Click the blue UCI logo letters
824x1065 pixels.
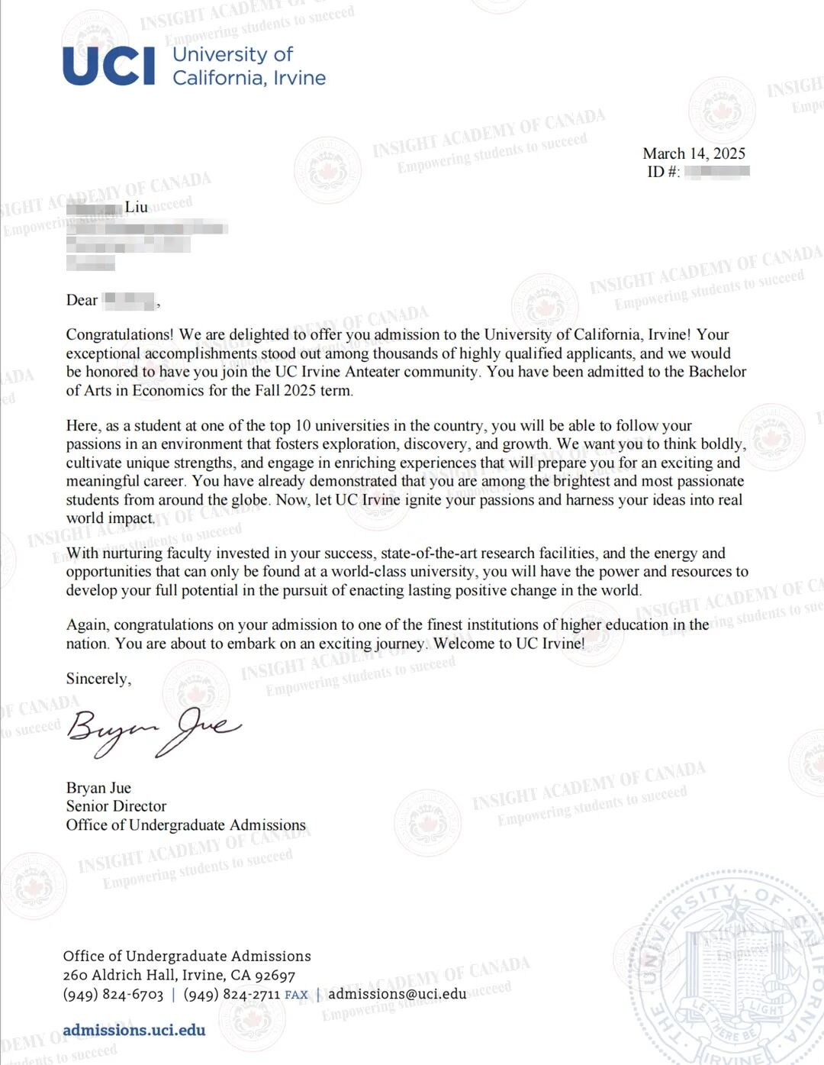[108, 66]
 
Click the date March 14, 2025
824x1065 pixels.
[694, 153]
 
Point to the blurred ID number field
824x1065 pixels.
[716, 171]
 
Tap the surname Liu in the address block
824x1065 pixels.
[137, 207]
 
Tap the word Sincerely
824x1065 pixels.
[98, 678]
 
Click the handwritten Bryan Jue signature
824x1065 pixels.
[153, 730]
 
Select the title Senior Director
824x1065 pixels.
[116, 806]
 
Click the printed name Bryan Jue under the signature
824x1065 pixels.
[98, 788]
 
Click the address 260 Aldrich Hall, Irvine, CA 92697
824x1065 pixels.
[179, 975]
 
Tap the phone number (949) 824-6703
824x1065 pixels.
[113, 994]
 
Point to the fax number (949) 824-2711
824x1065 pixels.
[232, 994]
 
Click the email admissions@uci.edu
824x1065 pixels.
[397, 994]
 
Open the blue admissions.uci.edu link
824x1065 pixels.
[134, 1030]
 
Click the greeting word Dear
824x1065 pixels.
[82, 300]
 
